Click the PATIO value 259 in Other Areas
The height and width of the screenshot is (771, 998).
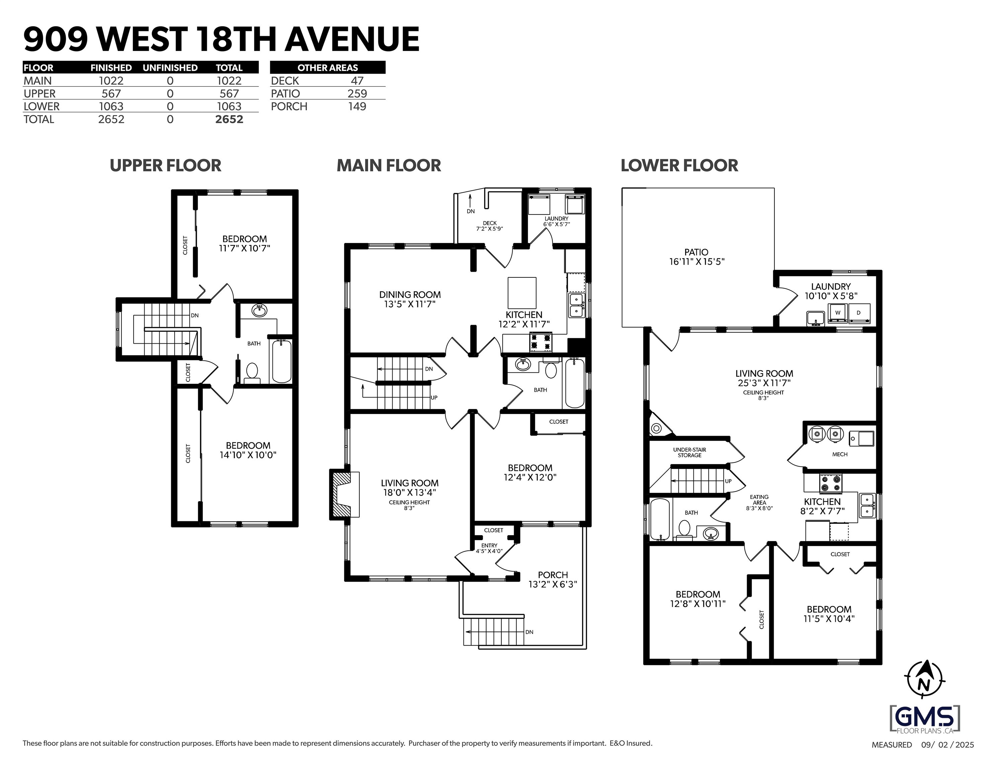(357, 94)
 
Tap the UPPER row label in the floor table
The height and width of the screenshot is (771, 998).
(40, 94)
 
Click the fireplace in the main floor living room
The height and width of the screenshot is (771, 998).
(341, 495)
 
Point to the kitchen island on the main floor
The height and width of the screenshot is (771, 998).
(522, 292)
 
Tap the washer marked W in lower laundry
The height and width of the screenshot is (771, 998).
(838, 313)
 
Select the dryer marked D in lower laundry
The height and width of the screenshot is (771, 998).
(859, 313)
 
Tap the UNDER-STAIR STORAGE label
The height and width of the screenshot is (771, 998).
(689, 452)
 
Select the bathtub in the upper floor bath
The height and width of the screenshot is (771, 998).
(281, 361)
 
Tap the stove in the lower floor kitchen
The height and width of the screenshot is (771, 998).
(831, 484)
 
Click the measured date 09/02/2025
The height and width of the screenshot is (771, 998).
(947, 758)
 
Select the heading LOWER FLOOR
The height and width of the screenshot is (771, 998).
(679, 165)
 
